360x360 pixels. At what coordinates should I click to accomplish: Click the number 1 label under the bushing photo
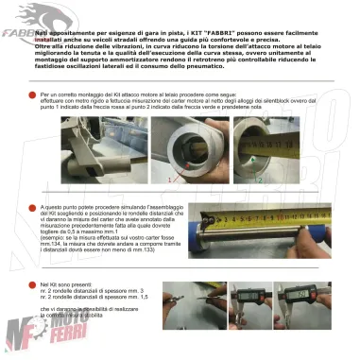tap(171, 177)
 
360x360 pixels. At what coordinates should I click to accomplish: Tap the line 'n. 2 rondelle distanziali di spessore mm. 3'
tap(94, 289)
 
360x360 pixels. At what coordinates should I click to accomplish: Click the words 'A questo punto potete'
tap(67, 205)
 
